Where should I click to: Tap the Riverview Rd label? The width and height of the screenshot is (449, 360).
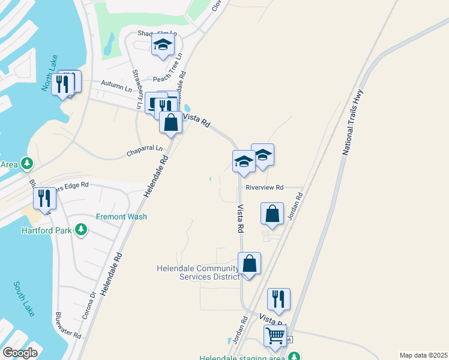[264, 187]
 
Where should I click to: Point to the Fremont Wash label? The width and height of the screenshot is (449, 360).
[121, 217]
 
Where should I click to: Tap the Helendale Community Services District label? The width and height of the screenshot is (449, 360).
[197, 272]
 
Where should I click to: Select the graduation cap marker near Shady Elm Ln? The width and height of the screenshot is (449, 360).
[163, 44]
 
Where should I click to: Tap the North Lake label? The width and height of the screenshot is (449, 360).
[48, 78]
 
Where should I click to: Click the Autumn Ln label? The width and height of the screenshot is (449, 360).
[116, 86]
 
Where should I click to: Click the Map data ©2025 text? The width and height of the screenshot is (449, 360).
[423, 355]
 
